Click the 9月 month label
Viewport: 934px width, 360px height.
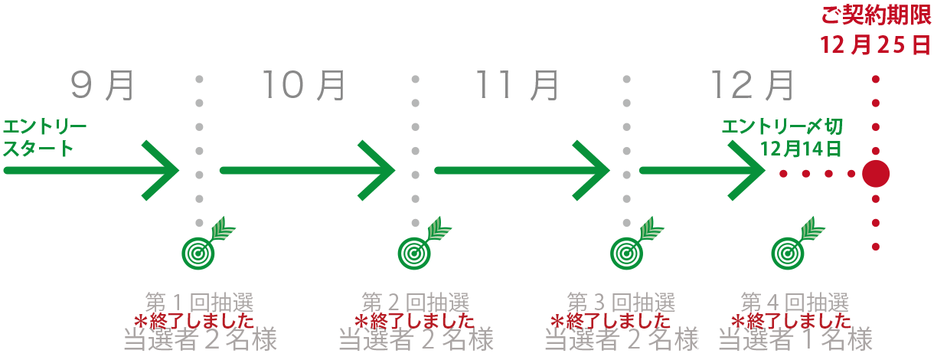click(102, 86)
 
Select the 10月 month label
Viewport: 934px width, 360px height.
click(304, 86)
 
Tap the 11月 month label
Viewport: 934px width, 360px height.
click(518, 86)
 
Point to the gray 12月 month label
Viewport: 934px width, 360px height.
click(753, 86)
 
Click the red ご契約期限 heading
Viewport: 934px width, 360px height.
click(876, 16)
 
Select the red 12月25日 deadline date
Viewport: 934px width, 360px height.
click(876, 45)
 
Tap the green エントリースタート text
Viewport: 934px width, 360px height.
click(44, 137)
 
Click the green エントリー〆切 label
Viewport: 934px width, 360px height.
click(782, 126)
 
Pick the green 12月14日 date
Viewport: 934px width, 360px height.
click(801, 149)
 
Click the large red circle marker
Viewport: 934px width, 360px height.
click(876, 174)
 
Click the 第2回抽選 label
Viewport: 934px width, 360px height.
click(415, 302)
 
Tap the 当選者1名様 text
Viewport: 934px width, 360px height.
click(795, 339)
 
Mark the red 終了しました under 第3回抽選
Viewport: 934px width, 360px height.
click(610, 321)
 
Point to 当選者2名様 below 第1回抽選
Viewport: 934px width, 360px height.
click(200, 339)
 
